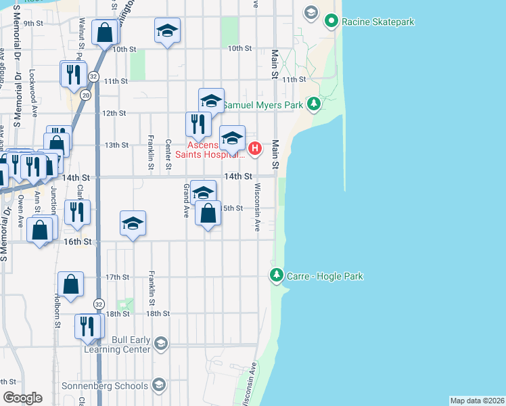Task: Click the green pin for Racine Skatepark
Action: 331,22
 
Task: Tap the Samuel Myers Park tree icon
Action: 313,104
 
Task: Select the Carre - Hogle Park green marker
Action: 276,275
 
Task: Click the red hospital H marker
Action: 254,148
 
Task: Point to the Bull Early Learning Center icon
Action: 160,344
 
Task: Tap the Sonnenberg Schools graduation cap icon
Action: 158,385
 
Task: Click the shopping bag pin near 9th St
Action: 105,32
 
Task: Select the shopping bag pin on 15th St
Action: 208,214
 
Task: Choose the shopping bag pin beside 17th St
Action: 70,285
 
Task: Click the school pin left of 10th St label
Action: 167,31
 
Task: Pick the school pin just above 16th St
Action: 133,223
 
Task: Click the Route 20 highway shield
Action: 85,95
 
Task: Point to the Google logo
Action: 22,398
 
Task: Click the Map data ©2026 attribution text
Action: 477,401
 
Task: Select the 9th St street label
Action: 33,23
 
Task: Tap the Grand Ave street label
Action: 185,200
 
